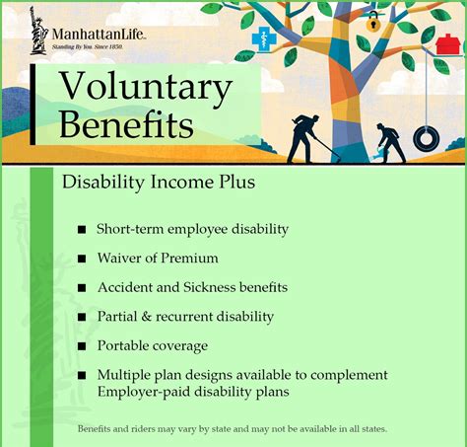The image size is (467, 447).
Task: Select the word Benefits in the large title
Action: coord(125,125)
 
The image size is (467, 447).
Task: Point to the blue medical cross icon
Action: coord(264,40)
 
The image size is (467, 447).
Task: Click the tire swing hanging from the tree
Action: coord(426,137)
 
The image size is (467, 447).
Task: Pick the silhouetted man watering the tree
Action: coord(390,138)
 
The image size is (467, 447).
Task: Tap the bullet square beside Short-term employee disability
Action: coord(82,230)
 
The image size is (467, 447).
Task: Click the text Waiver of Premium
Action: coord(157,258)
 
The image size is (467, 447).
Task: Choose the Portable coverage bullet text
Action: coord(152,345)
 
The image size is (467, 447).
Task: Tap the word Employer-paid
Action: coord(142,392)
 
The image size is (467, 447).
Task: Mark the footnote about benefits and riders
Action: coord(232,429)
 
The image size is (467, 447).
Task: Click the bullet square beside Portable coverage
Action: coord(82,346)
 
